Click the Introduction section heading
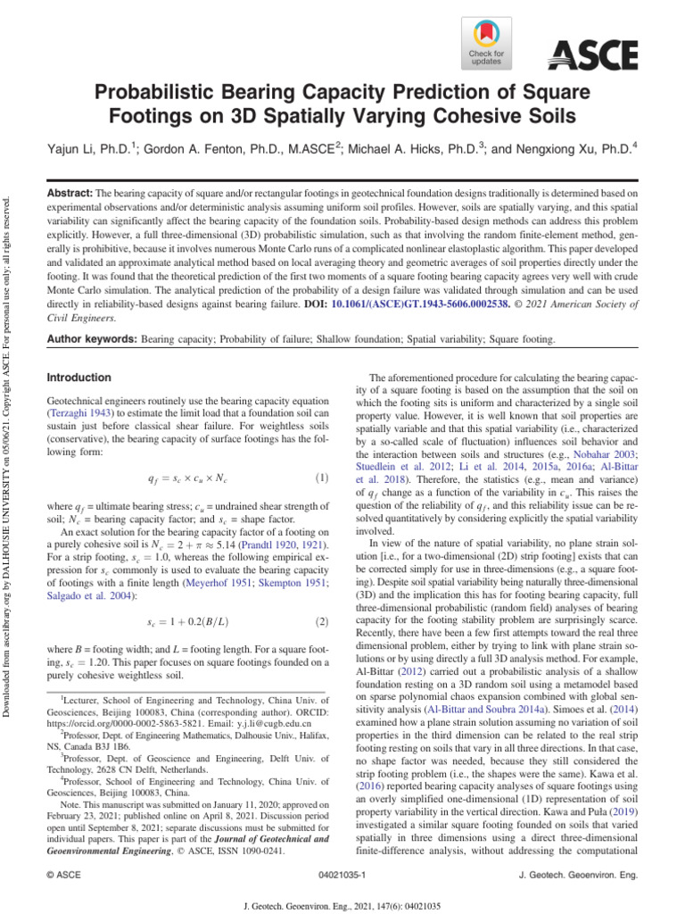[x=78, y=378]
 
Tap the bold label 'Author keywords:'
[x=92, y=339]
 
